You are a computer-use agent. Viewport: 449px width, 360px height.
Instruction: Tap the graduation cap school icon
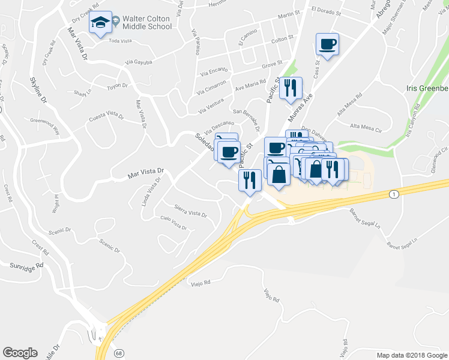pyautogui.click(x=101, y=24)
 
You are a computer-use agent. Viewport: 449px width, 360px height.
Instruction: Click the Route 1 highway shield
pyautogui.click(x=393, y=194)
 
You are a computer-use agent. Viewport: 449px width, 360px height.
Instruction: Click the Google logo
pyautogui.click(x=20, y=353)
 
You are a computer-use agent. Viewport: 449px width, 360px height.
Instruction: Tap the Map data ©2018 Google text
pyautogui.click(x=411, y=355)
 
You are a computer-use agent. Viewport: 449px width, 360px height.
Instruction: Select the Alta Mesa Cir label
pyautogui.click(x=366, y=127)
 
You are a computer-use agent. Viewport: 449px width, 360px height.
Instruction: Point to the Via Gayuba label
pyautogui.click(x=139, y=62)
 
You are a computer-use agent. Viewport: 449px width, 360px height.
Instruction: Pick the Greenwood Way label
pyautogui.click(x=46, y=124)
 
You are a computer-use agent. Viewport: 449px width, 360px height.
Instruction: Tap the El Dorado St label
pyautogui.click(x=327, y=10)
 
